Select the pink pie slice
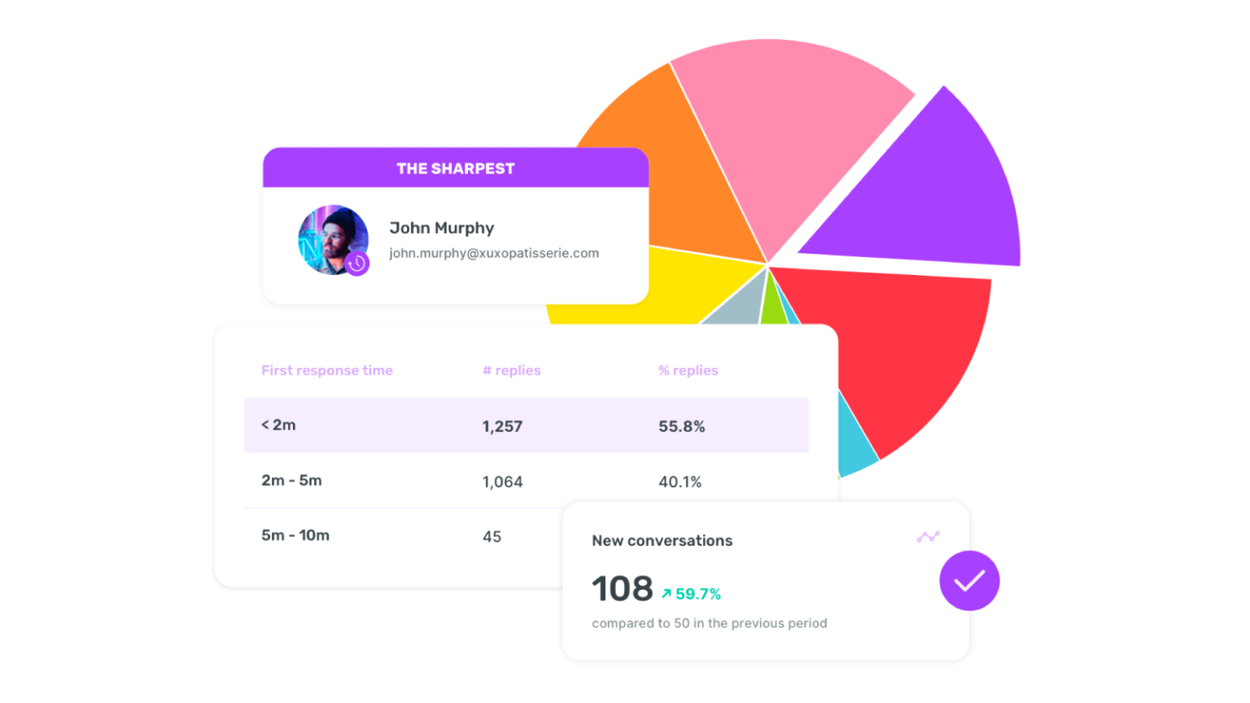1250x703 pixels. pyautogui.click(x=781, y=130)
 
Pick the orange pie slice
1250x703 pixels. pyautogui.click(x=675, y=163)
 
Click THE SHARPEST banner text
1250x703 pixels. pyautogui.click(x=456, y=168)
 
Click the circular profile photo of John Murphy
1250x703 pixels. pyautogui.click(x=331, y=238)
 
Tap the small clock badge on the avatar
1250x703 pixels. pyautogui.click(x=356, y=264)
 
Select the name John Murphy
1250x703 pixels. pyautogui.click(x=441, y=228)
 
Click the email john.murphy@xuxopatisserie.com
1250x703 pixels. pyautogui.click(x=494, y=253)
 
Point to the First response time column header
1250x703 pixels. pyautogui.click(x=327, y=370)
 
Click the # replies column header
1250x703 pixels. pyautogui.click(x=511, y=370)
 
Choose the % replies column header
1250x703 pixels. pyautogui.click(x=688, y=370)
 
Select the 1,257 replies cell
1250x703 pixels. pyautogui.click(x=502, y=426)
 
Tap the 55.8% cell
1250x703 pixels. pyautogui.click(x=682, y=426)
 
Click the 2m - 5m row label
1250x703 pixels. pyautogui.click(x=291, y=480)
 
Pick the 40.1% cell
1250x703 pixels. pyautogui.click(x=680, y=482)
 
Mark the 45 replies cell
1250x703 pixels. pyautogui.click(x=492, y=536)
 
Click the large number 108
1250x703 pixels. pyautogui.click(x=623, y=588)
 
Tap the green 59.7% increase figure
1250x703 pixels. pyautogui.click(x=692, y=594)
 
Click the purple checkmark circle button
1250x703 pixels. pyautogui.click(x=969, y=580)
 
